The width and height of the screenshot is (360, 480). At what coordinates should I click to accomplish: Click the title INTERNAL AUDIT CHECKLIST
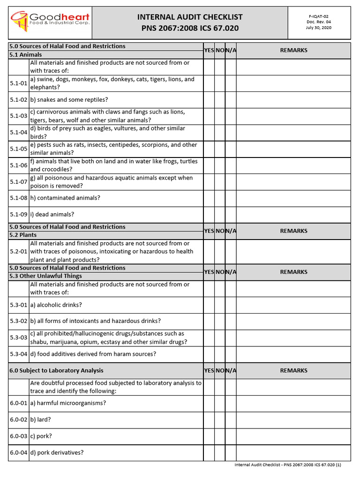click(190, 17)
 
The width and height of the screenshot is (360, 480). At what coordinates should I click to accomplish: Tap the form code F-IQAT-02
click(319, 16)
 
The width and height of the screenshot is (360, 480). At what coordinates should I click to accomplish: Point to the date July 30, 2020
click(319, 28)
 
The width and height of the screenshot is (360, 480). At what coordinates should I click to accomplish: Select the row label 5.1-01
click(19, 83)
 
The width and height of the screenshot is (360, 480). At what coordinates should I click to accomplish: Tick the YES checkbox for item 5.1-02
click(209, 100)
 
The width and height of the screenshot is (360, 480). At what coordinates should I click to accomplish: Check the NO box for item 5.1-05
click(220, 149)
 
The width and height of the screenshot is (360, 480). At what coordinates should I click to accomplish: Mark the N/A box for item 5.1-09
click(231, 215)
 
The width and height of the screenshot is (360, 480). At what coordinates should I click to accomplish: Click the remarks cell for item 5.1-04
click(293, 133)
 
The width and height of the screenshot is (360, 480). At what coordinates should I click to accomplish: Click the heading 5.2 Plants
click(22, 235)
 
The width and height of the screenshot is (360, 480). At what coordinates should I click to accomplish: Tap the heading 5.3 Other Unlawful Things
click(45, 276)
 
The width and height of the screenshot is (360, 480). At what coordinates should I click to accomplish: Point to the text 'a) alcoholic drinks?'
click(56, 305)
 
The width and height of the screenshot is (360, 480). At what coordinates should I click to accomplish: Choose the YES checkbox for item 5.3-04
click(209, 354)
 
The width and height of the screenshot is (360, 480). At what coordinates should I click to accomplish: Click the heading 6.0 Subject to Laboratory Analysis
click(56, 371)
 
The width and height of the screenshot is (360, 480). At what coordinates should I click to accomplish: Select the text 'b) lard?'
click(41, 420)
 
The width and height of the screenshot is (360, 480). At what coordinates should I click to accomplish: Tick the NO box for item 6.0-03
click(220, 436)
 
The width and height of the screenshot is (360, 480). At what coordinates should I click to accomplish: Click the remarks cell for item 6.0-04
click(293, 453)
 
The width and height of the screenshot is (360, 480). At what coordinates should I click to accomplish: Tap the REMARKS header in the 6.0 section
click(293, 371)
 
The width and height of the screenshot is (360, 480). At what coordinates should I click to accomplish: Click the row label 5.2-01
click(19, 252)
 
